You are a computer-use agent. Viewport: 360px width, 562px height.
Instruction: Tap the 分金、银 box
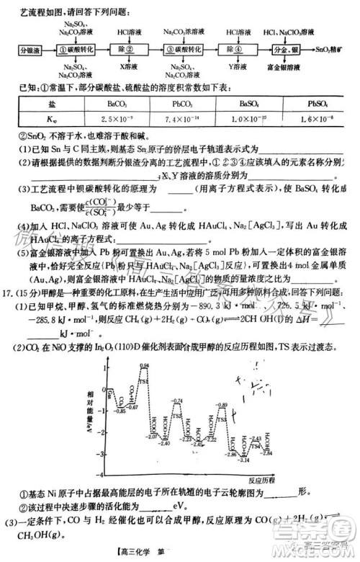click(287, 51)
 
